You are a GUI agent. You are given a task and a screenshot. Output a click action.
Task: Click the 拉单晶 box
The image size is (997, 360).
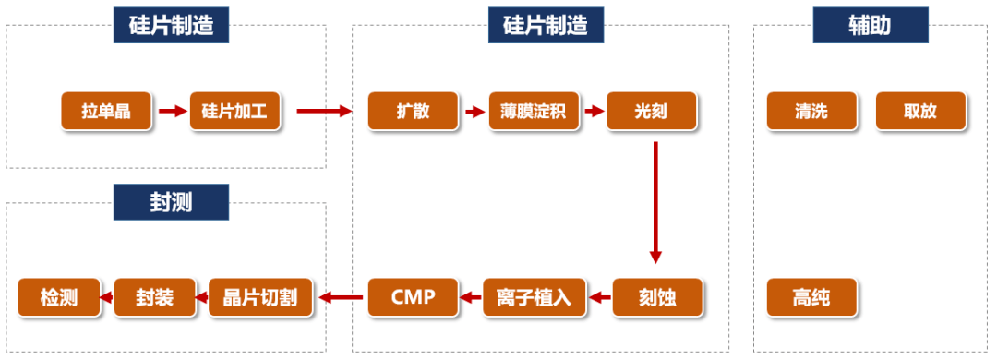[106, 112]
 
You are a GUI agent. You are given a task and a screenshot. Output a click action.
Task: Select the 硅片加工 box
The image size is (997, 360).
[234, 112]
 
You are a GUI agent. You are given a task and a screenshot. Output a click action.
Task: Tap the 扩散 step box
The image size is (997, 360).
[413, 112]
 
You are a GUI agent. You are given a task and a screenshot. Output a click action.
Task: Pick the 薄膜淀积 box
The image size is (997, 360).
[533, 112]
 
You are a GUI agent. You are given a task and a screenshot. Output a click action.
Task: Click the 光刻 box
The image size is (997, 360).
[652, 112]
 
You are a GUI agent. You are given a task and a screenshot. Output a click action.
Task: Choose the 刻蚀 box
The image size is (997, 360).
[657, 297]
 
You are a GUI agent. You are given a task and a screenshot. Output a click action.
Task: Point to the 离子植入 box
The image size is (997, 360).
[533, 297]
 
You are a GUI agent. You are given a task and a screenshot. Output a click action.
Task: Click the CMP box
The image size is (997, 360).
[413, 297]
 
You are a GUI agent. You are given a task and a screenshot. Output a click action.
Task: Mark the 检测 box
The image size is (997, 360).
[59, 297]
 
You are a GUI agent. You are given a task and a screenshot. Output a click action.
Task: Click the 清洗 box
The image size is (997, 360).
[811, 112]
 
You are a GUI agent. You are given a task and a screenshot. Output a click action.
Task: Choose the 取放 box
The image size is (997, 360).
[920, 112]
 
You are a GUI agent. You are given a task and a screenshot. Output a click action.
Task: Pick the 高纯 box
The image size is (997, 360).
[811, 297]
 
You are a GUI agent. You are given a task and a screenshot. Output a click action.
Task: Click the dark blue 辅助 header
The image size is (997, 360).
[869, 25]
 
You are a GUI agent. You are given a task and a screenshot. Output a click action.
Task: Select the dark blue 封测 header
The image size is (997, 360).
[171, 202]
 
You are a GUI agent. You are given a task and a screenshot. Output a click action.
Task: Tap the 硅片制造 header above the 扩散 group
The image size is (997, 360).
[546, 25]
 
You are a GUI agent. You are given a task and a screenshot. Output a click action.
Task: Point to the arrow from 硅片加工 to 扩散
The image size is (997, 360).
[324, 112]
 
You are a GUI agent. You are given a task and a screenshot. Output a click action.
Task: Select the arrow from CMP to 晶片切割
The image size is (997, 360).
[341, 297]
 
